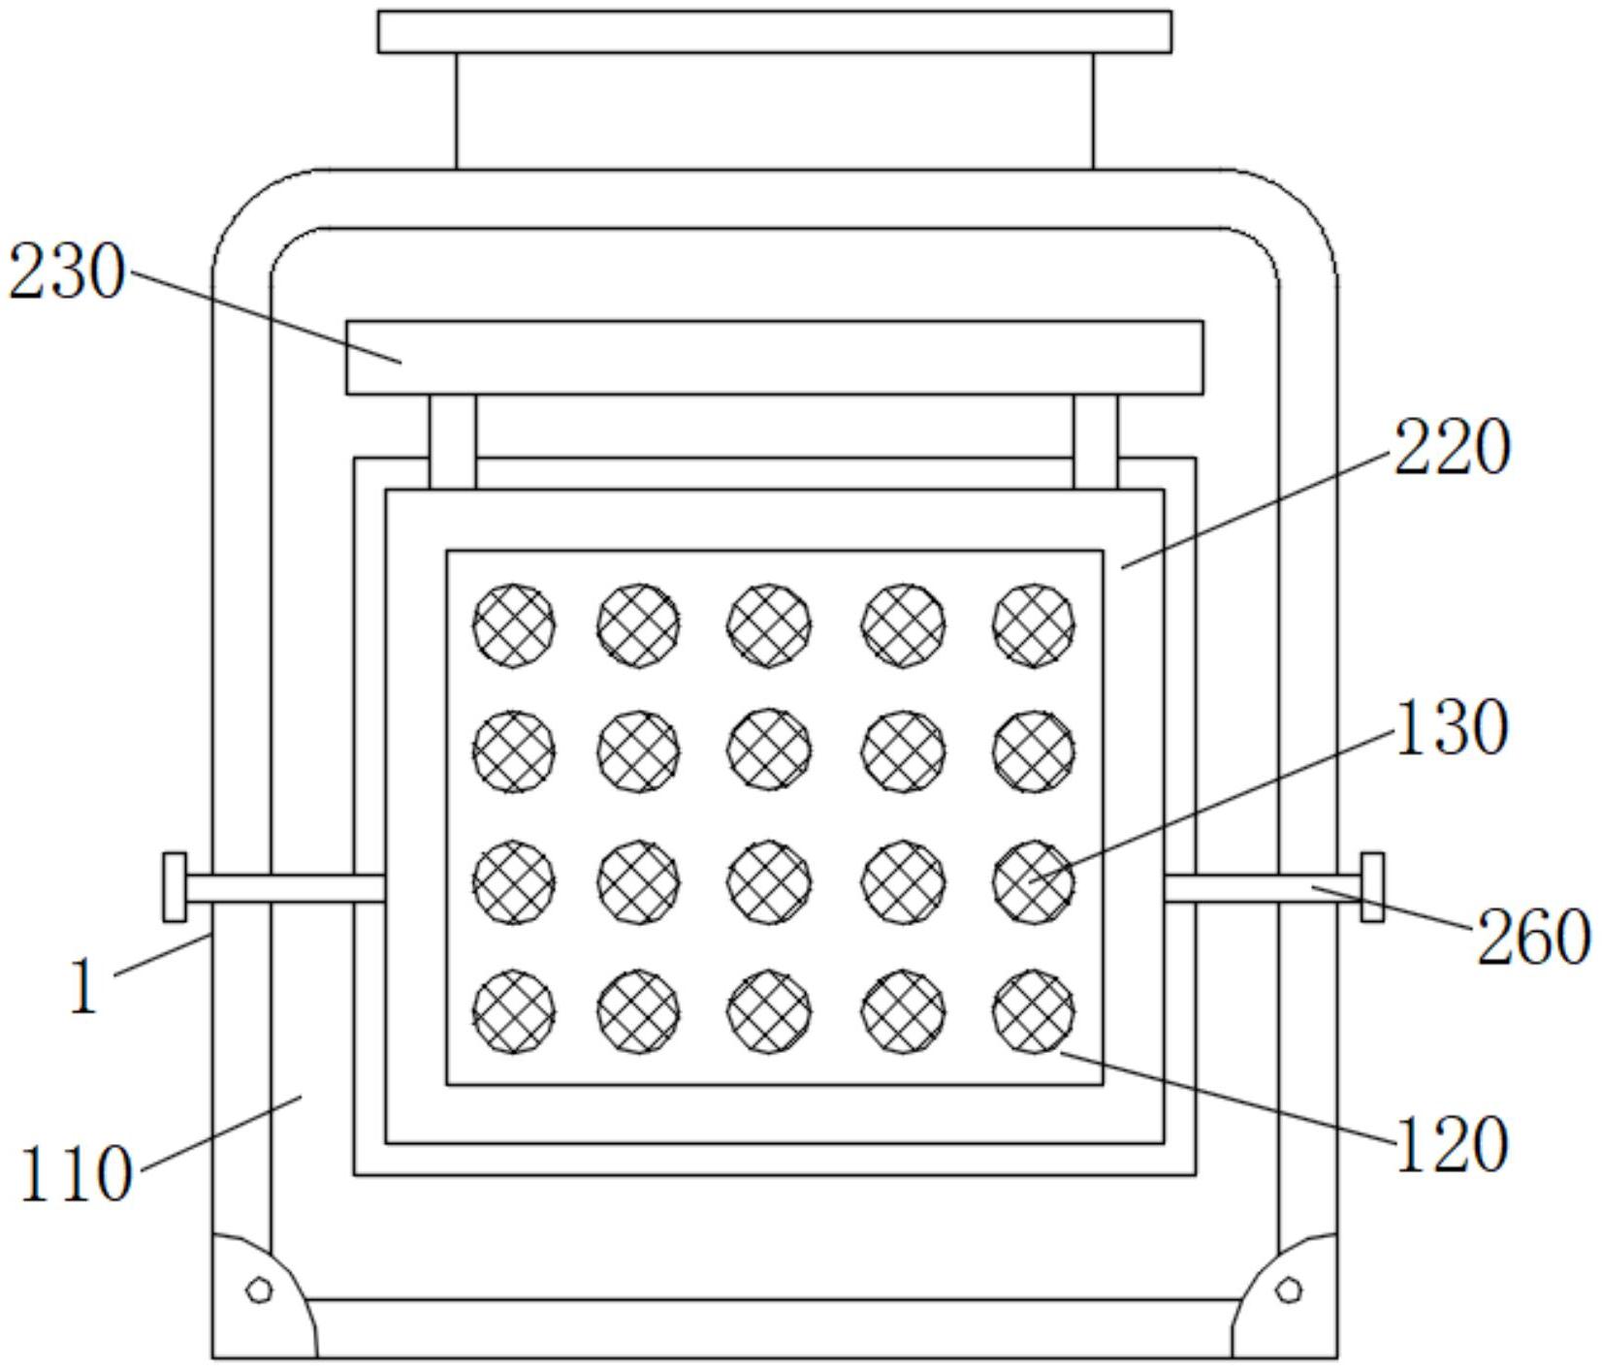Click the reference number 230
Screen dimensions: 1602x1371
(x=67, y=272)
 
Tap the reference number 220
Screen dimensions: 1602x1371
(x=1452, y=449)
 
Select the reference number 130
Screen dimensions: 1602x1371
(x=1452, y=726)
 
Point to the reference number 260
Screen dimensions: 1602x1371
(x=1533, y=937)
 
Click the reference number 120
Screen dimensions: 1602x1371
(x=1452, y=1144)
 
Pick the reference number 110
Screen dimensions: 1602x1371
(x=75, y=1173)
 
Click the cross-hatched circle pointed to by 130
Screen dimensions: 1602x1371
(x=1034, y=881)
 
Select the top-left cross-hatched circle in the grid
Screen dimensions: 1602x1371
(x=514, y=625)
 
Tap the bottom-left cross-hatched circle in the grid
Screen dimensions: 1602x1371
(x=514, y=1011)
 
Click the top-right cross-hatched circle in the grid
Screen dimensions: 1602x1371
(x=1034, y=625)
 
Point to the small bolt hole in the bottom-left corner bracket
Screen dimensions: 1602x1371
(x=259, y=1290)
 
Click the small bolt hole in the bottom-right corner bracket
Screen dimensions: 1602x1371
(x=1290, y=1290)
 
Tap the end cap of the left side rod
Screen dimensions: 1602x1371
(x=175, y=886)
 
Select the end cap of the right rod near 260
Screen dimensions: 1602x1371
(x=1372, y=886)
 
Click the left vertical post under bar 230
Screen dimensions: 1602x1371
(x=453, y=441)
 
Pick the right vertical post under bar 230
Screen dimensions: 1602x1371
(x=1095, y=441)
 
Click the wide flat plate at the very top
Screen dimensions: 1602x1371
(x=774, y=32)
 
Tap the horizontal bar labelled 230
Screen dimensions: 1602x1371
(x=775, y=358)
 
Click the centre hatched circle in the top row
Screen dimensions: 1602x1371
(x=769, y=625)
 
